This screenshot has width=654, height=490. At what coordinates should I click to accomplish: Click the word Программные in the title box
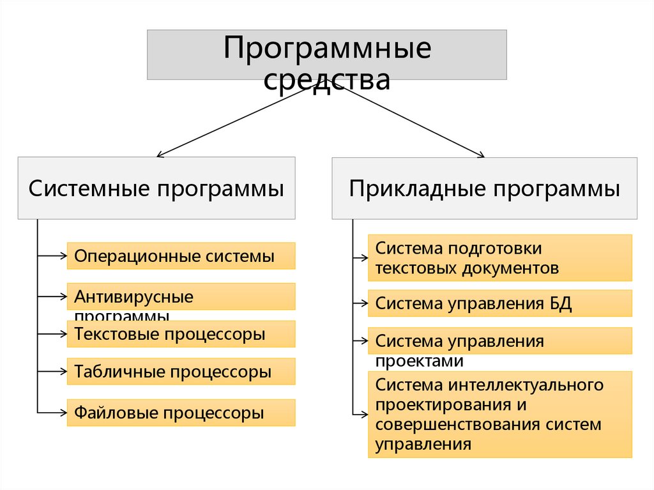pyautogui.click(x=326, y=49)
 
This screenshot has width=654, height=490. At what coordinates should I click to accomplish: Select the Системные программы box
pyautogui.click(x=156, y=188)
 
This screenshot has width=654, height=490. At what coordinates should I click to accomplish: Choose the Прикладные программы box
pyautogui.click(x=484, y=188)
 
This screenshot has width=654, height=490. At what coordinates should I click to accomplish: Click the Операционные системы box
pyautogui.click(x=181, y=256)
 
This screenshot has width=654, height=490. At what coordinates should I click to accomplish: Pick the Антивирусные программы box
pyautogui.click(x=181, y=297)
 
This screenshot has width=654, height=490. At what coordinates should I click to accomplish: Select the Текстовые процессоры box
pyautogui.click(x=181, y=334)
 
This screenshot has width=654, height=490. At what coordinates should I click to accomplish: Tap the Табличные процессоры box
pyautogui.click(x=181, y=371)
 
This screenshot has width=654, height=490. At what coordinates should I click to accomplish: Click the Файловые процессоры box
pyautogui.click(x=181, y=413)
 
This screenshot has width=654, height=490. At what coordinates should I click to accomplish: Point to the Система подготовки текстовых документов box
pyautogui.click(x=499, y=258)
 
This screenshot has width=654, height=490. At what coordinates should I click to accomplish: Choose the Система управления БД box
pyautogui.click(x=499, y=303)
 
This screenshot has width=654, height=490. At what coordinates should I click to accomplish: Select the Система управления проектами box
pyautogui.click(x=499, y=341)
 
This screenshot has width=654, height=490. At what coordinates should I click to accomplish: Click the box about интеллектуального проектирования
pyautogui.click(x=499, y=415)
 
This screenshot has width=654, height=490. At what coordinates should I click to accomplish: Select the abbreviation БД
pyautogui.click(x=560, y=303)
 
